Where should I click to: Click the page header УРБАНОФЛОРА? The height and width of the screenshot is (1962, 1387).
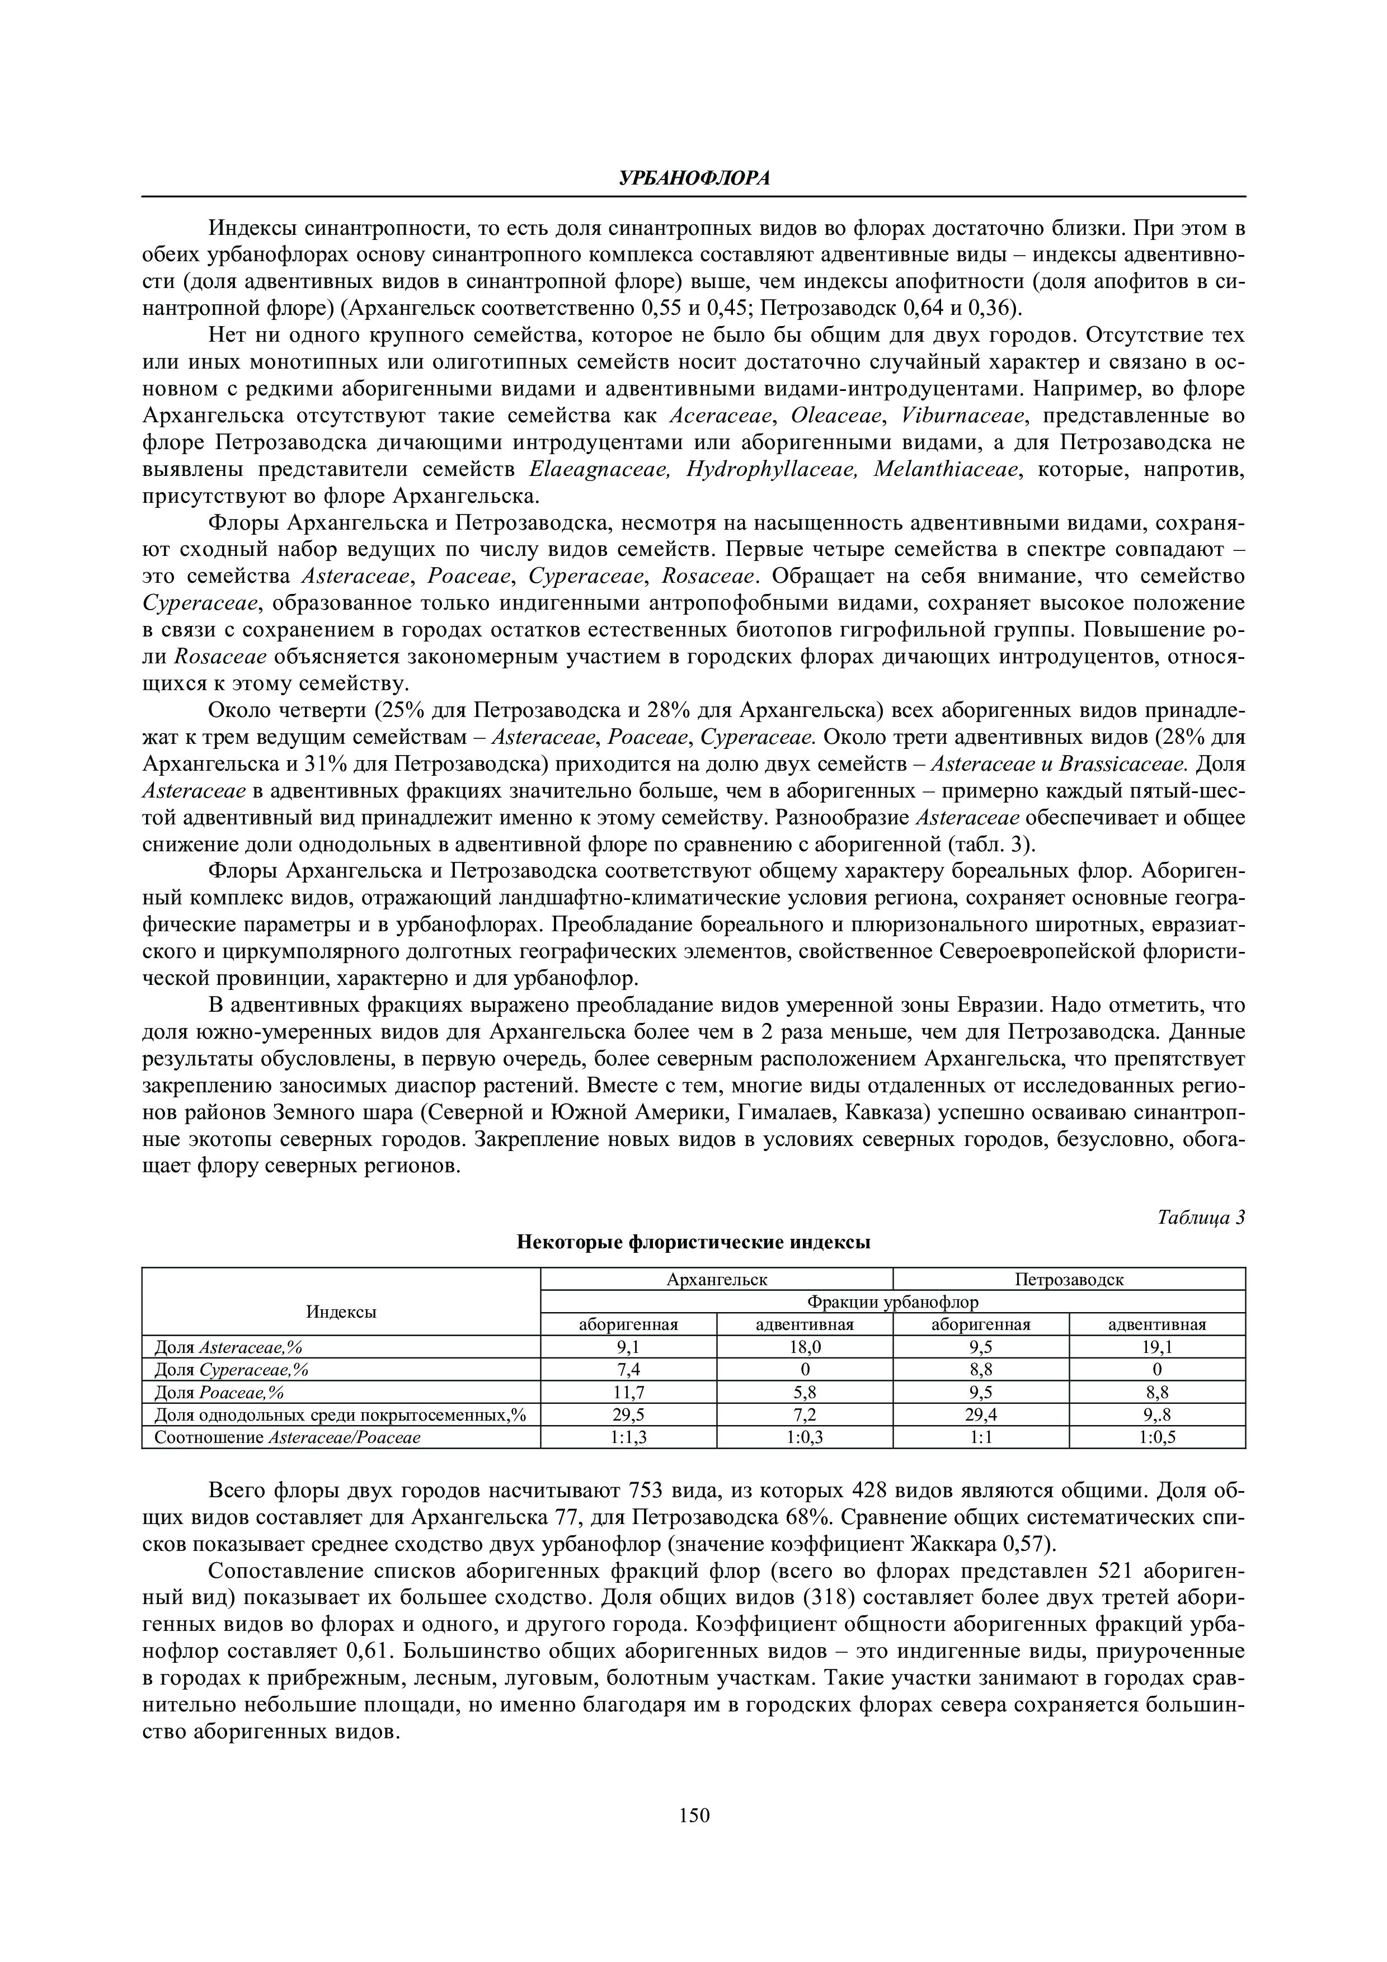pos(693,178)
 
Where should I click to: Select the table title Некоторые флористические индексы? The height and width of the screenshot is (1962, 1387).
pos(693,1243)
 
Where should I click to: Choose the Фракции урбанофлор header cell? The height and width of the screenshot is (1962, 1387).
pos(892,1301)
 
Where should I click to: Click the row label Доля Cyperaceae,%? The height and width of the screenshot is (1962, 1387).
pos(231,1370)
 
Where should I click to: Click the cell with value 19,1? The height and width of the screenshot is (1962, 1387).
pos(1156,1347)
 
